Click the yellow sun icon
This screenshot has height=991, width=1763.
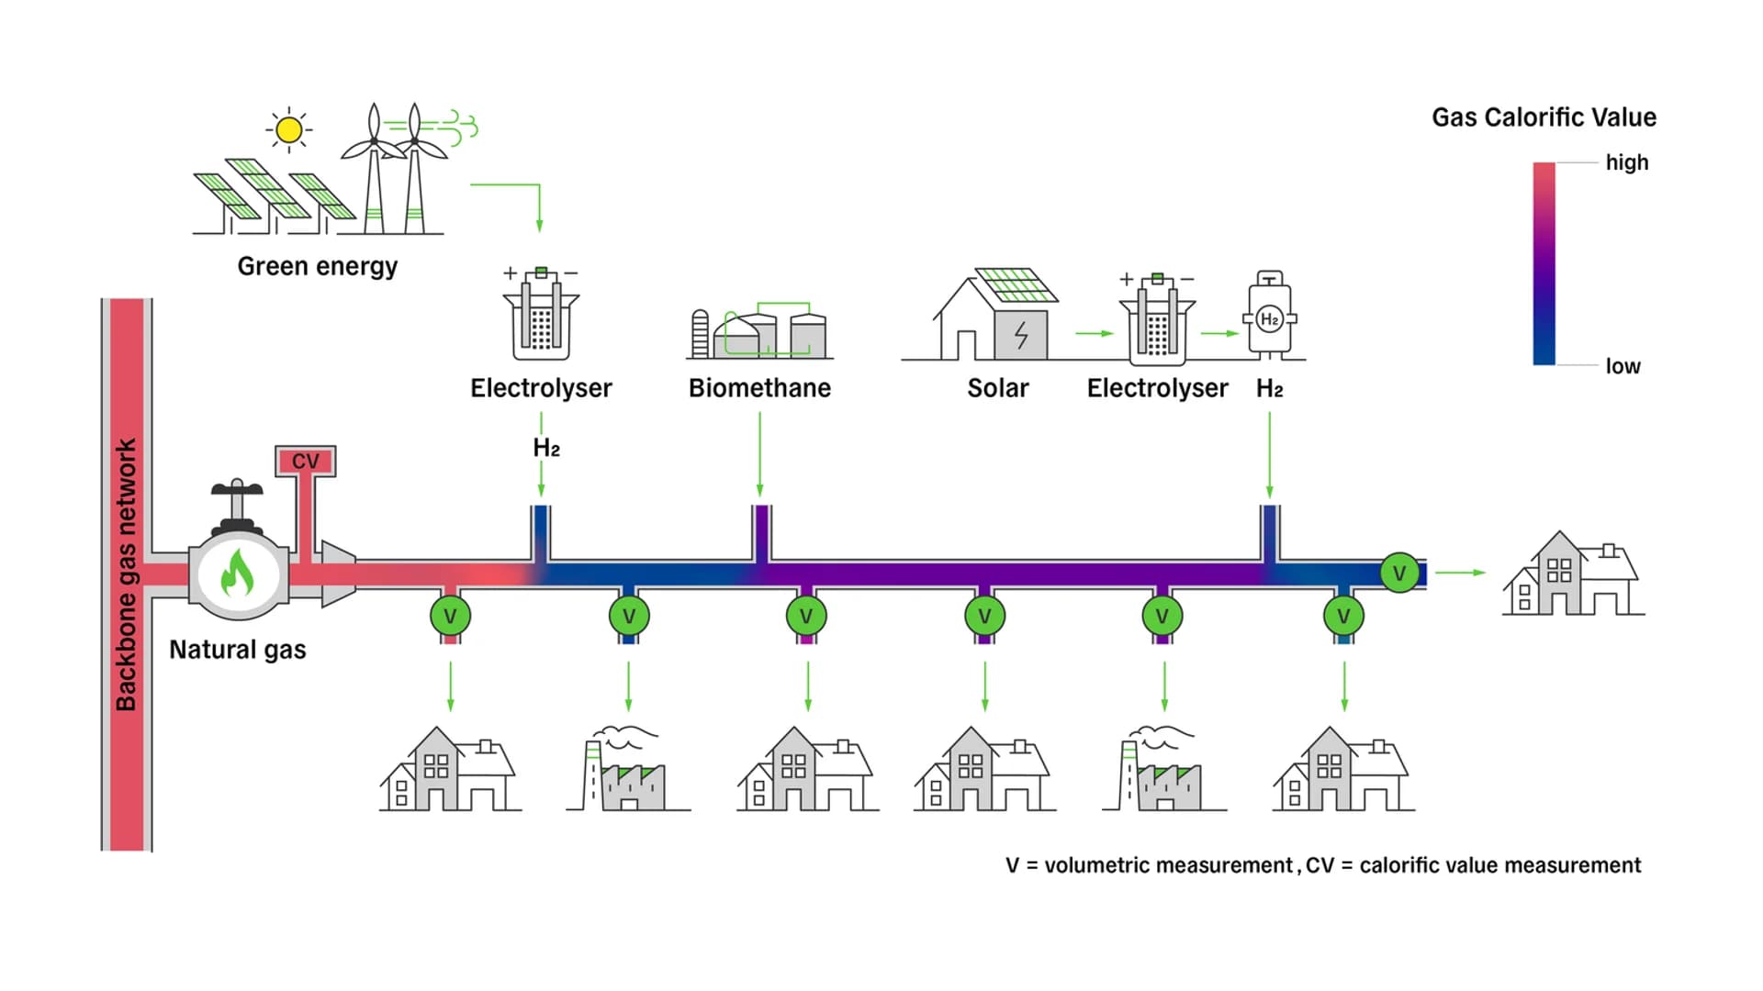[x=288, y=129]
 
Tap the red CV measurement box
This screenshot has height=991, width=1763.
[x=306, y=461]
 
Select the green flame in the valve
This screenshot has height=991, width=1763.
[x=238, y=573]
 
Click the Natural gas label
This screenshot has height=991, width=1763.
[x=237, y=650]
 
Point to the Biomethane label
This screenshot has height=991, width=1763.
[x=759, y=388]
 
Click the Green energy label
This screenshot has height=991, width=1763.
[x=317, y=266]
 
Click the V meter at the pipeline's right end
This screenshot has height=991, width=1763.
[x=1398, y=573]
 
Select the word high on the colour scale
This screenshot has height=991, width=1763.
[x=1626, y=162]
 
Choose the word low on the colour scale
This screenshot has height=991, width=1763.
[x=1623, y=366]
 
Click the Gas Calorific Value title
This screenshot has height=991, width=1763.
[x=1544, y=117]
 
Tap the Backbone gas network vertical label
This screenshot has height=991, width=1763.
[x=126, y=574]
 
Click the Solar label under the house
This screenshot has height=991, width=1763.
[x=997, y=388]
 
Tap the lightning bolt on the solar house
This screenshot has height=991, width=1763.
[x=1021, y=335]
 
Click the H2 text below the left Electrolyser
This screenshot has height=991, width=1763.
[x=545, y=448]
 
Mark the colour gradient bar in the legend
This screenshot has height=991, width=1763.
[x=1544, y=264]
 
